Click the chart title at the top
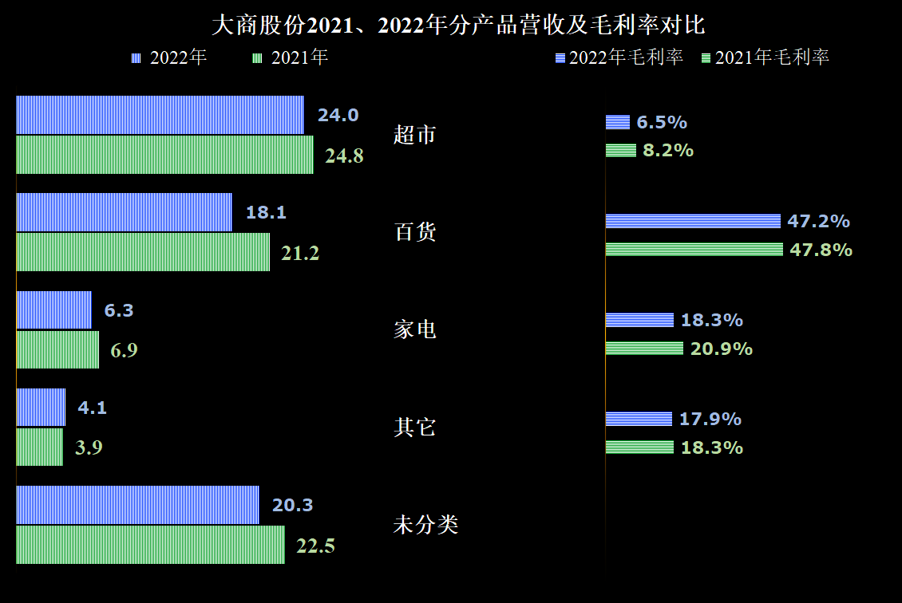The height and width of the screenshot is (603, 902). [x=458, y=26]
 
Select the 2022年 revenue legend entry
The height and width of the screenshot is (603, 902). [x=169, y=57]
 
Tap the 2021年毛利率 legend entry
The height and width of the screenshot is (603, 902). [x=766, y=57]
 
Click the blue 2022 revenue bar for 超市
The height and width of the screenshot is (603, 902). [x=160, y=115]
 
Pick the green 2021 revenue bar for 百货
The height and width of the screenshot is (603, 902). [x=143, y=252]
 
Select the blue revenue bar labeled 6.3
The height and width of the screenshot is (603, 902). [x=53, y=309]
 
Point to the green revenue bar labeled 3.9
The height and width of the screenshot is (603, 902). [x=39, y=447]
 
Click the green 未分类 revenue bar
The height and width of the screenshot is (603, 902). [x=150, y=544]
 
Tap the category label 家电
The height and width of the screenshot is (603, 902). [x=415, y=330]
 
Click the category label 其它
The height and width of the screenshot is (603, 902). [x=415, y=427]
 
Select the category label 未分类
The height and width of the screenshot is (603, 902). [x=425, y=524]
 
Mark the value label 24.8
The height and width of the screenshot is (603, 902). [x=345, y=156]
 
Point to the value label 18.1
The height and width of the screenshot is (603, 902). [x=266, y=213]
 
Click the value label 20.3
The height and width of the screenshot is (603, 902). [x=292, y=505]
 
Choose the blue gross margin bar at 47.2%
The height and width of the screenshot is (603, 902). [x=693, y=221]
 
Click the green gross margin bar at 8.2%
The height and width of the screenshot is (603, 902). [x=621, y=151]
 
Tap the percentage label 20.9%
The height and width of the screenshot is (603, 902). [x=722, y=349]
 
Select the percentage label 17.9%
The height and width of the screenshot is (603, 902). [x=710, y=419]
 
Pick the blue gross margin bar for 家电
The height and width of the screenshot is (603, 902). [x=639, y=320]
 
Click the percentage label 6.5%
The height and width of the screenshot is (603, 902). [x=662, y=123]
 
